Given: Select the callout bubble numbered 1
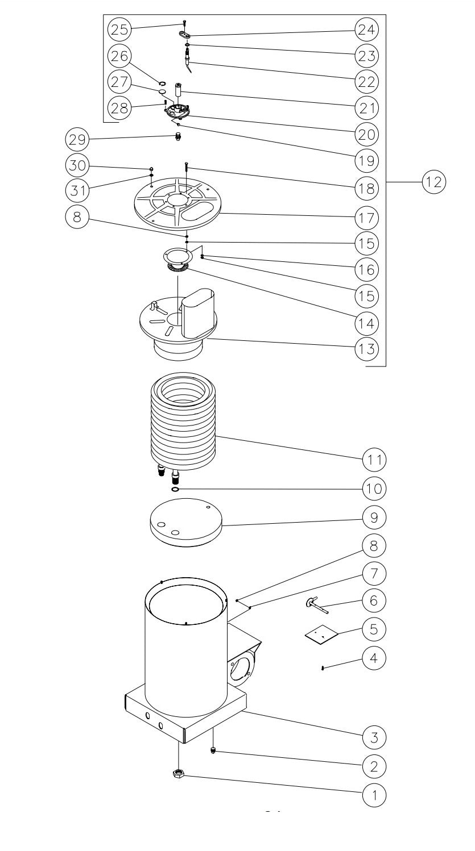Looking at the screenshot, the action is (374, 794).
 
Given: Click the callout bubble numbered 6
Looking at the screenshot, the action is (374, 599).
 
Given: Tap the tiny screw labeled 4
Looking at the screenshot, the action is (323, 668).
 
